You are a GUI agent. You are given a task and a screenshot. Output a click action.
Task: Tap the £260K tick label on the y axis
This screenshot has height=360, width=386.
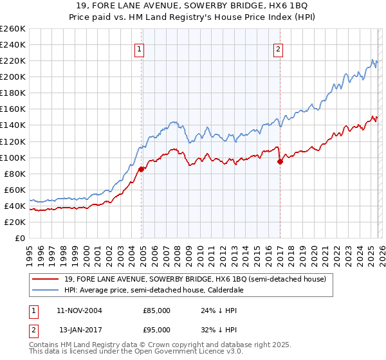coord(13,29)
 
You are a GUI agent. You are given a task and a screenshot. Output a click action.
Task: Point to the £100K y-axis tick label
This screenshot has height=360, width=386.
coord(13,157)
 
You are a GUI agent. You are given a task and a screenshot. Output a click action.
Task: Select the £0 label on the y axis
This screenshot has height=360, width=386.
coord(20,238)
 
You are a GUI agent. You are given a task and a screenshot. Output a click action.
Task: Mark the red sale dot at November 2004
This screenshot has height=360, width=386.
coord(142,169)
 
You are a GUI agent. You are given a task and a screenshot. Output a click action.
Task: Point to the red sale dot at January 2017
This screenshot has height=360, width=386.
coord(280,161)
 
